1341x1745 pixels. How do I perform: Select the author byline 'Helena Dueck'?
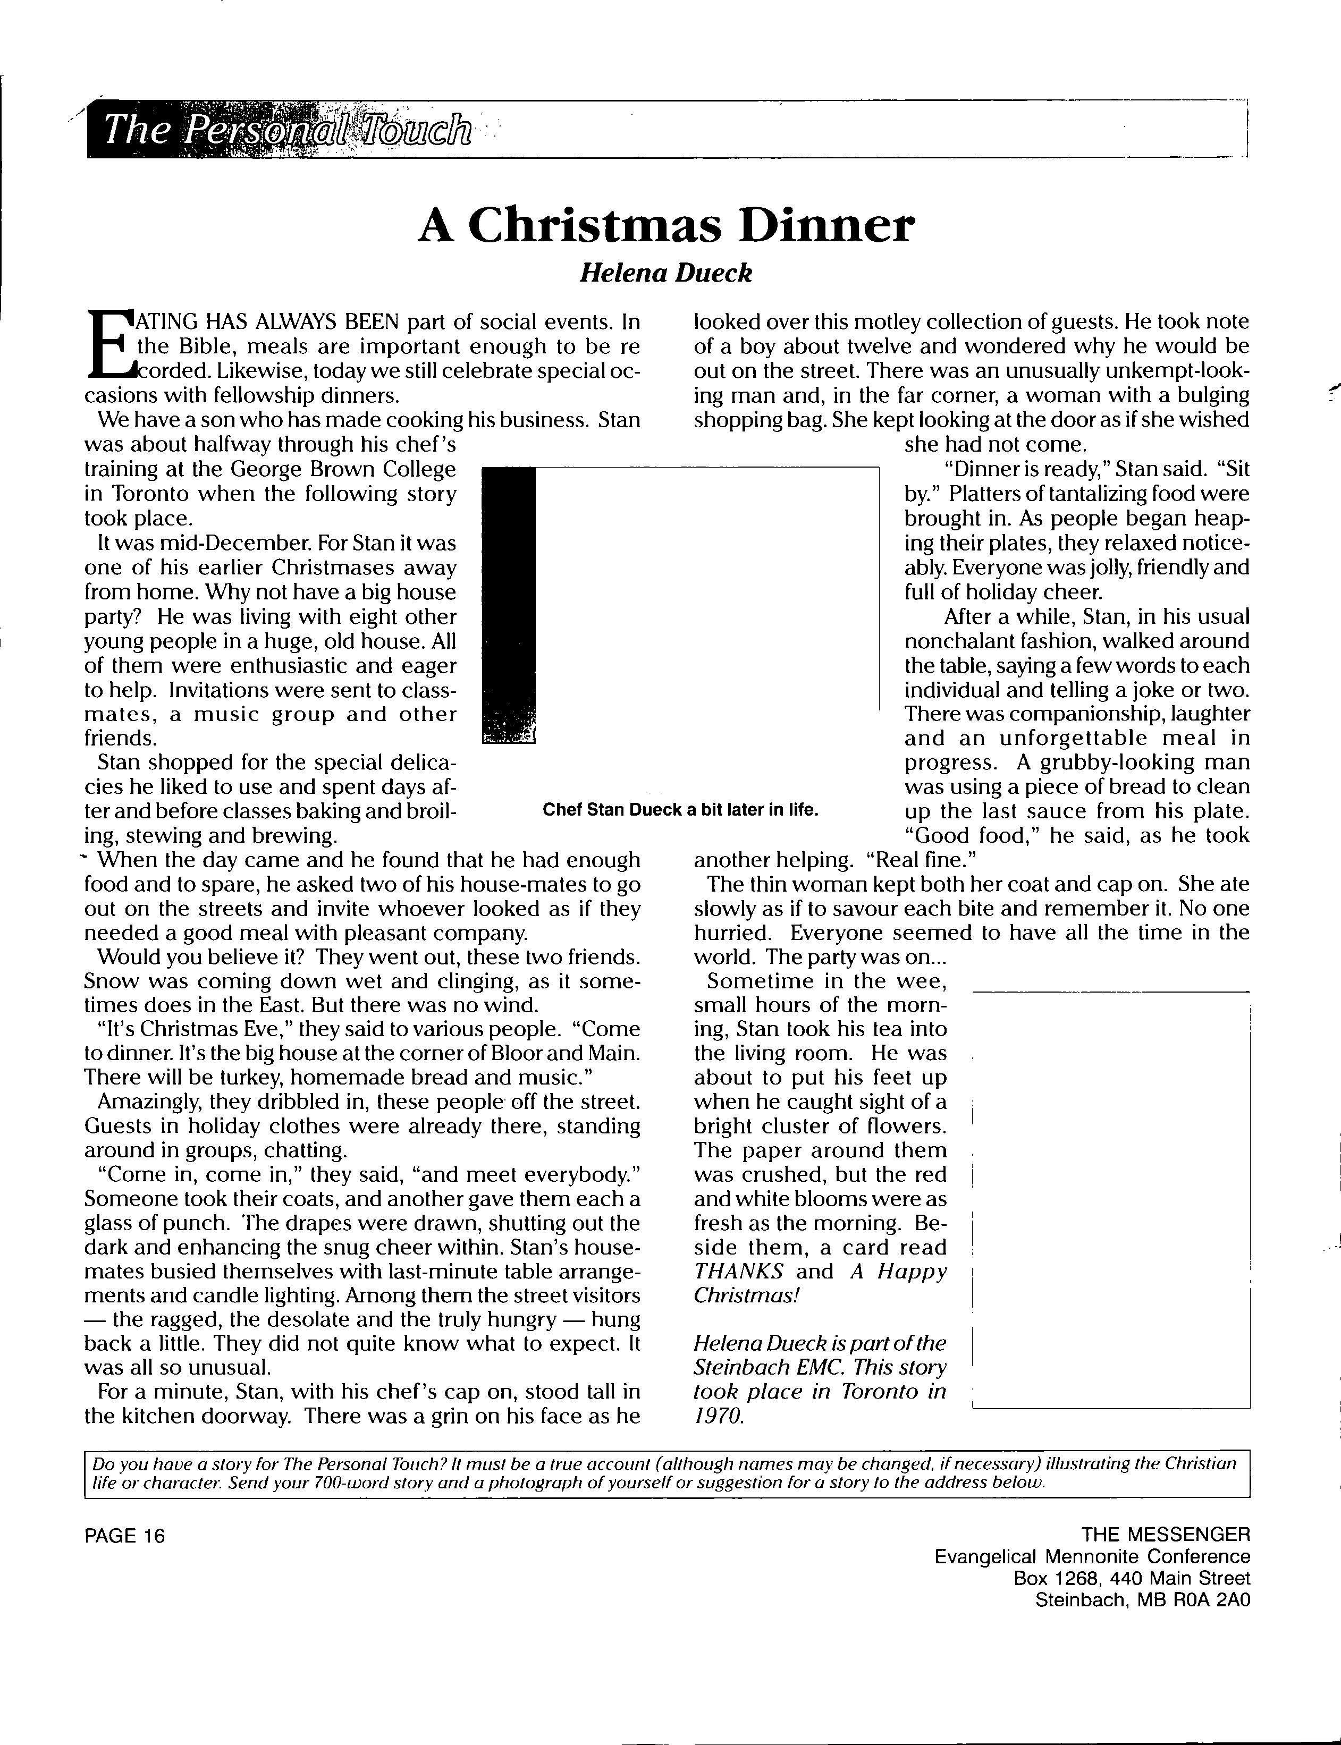click(665, 274)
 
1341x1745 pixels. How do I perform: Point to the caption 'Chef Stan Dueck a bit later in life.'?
click(681, 810)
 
